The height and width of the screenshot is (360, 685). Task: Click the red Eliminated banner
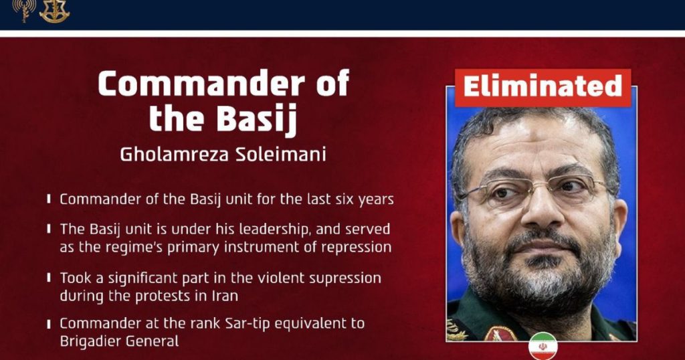[x=543, y=88]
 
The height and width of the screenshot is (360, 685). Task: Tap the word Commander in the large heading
[x=201, y=83]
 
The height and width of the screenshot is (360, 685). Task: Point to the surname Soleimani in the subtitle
[x=280, y=155]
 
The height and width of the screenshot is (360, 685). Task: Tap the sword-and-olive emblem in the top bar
[x=55, y=11]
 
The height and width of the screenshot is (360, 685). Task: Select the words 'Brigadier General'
[x=119, y=341]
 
